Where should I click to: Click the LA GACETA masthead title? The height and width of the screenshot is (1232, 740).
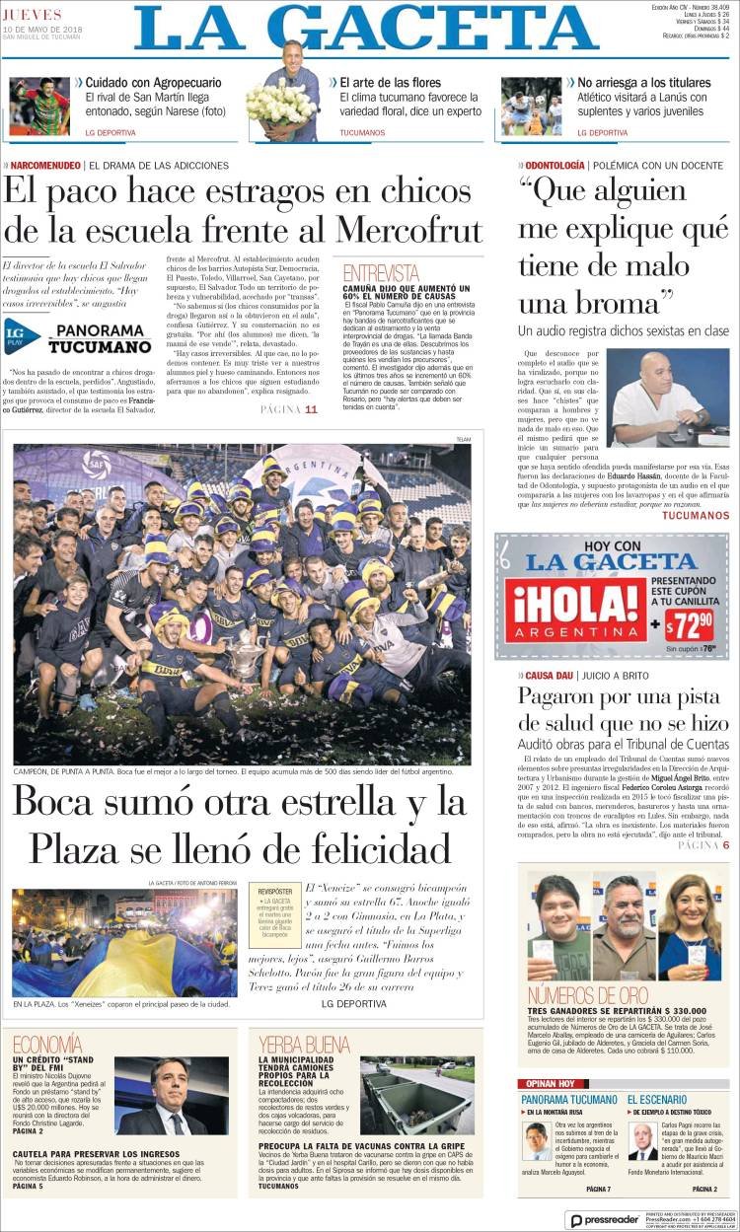tap(365, 30)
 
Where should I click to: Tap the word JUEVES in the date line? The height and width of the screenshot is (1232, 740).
tap(33, 15)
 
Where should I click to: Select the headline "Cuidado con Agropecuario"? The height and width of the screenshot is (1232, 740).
tap(153, 83)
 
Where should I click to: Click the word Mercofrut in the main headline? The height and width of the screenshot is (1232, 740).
tap(408, 229)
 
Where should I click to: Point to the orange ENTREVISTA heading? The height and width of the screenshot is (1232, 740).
tap(381, 273)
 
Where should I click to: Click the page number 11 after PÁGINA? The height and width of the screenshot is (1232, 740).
tap(312, 409)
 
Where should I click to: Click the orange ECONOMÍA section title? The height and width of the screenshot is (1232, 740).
tap(48, 1044)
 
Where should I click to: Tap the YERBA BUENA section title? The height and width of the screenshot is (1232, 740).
tap(304, 1044)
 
